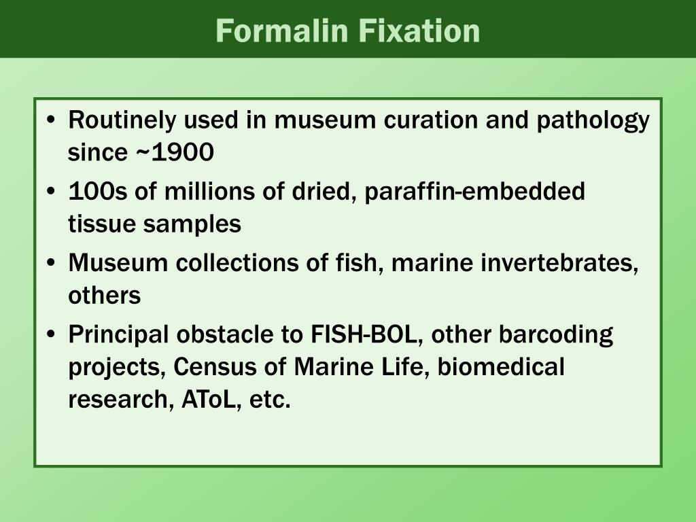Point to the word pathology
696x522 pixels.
point(593,121)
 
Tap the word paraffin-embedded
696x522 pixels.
point(474,192)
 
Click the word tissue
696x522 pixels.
point(102,224)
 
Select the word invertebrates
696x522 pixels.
point(561,262)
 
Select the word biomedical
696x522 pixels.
point(501,367)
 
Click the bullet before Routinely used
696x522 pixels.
point(52,121)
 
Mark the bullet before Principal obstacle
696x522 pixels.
point(52,334)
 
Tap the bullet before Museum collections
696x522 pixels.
point(52,262)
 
